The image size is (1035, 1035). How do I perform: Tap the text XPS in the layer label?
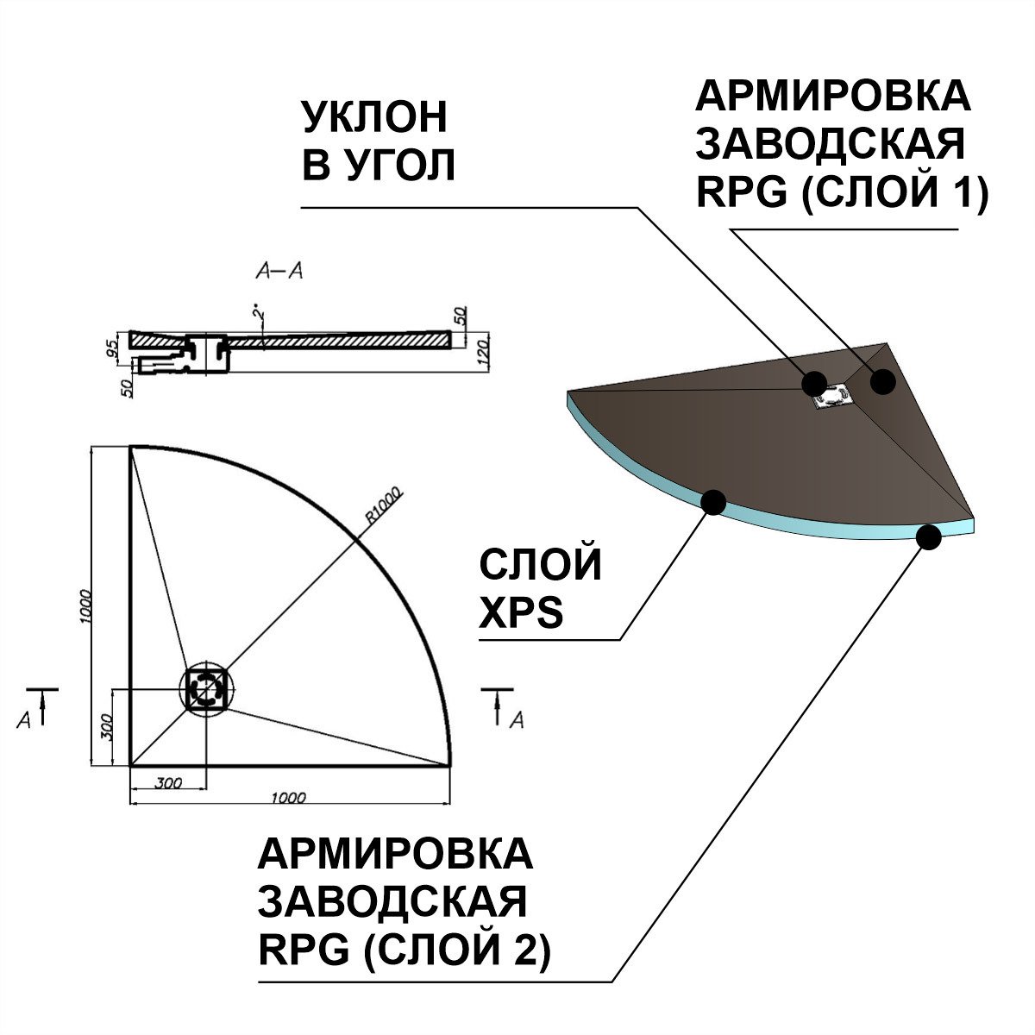[521, 613]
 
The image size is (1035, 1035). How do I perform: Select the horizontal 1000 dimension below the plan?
[288, 799]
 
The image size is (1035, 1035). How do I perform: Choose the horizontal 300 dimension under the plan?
[168, 784]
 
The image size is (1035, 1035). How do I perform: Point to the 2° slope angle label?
[256, 311]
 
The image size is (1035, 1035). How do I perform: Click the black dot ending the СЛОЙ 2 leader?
[928, 537]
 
